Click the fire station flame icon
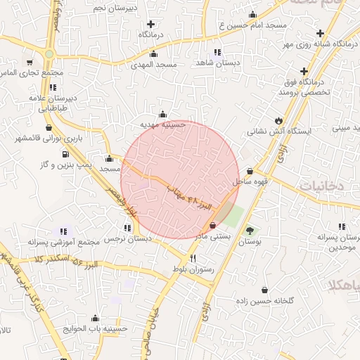coord(278,120)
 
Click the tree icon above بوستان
coord(250,231)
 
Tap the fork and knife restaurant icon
coord(183,259)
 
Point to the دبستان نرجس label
coord(128,239)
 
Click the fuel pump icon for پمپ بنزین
coord(65,154)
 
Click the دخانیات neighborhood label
coord(321,186)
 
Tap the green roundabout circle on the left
coord(49,54)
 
